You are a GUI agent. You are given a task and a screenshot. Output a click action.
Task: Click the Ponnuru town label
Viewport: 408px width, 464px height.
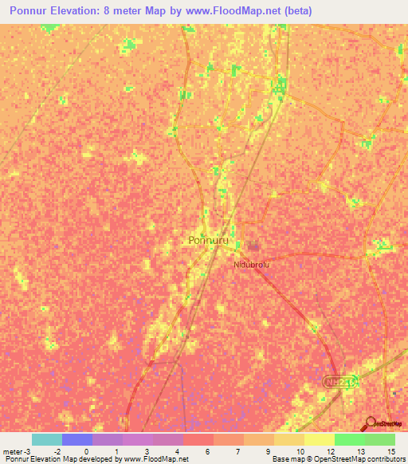coord(209,239)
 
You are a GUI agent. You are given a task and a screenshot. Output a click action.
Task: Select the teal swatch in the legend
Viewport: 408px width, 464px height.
coord(46,439)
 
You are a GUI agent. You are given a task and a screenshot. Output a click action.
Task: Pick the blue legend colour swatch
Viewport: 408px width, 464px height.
coord(76,439)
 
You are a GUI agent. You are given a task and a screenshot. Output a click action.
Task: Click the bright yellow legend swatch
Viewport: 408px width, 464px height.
coord(319,439)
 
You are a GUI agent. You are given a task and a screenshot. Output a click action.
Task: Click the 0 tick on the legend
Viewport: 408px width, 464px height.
coord(86,450)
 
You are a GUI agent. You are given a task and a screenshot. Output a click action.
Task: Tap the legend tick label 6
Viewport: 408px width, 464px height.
coord(206,450)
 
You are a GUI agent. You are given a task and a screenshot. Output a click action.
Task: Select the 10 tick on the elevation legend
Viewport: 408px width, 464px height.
coord(298,450)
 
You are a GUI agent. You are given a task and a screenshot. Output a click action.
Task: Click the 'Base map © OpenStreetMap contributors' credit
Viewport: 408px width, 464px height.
coord(338,459)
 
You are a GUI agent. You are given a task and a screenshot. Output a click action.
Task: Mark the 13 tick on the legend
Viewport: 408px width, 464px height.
coord(359,450)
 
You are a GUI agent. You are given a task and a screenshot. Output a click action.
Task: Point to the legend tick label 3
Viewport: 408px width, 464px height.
coord(147,450)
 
